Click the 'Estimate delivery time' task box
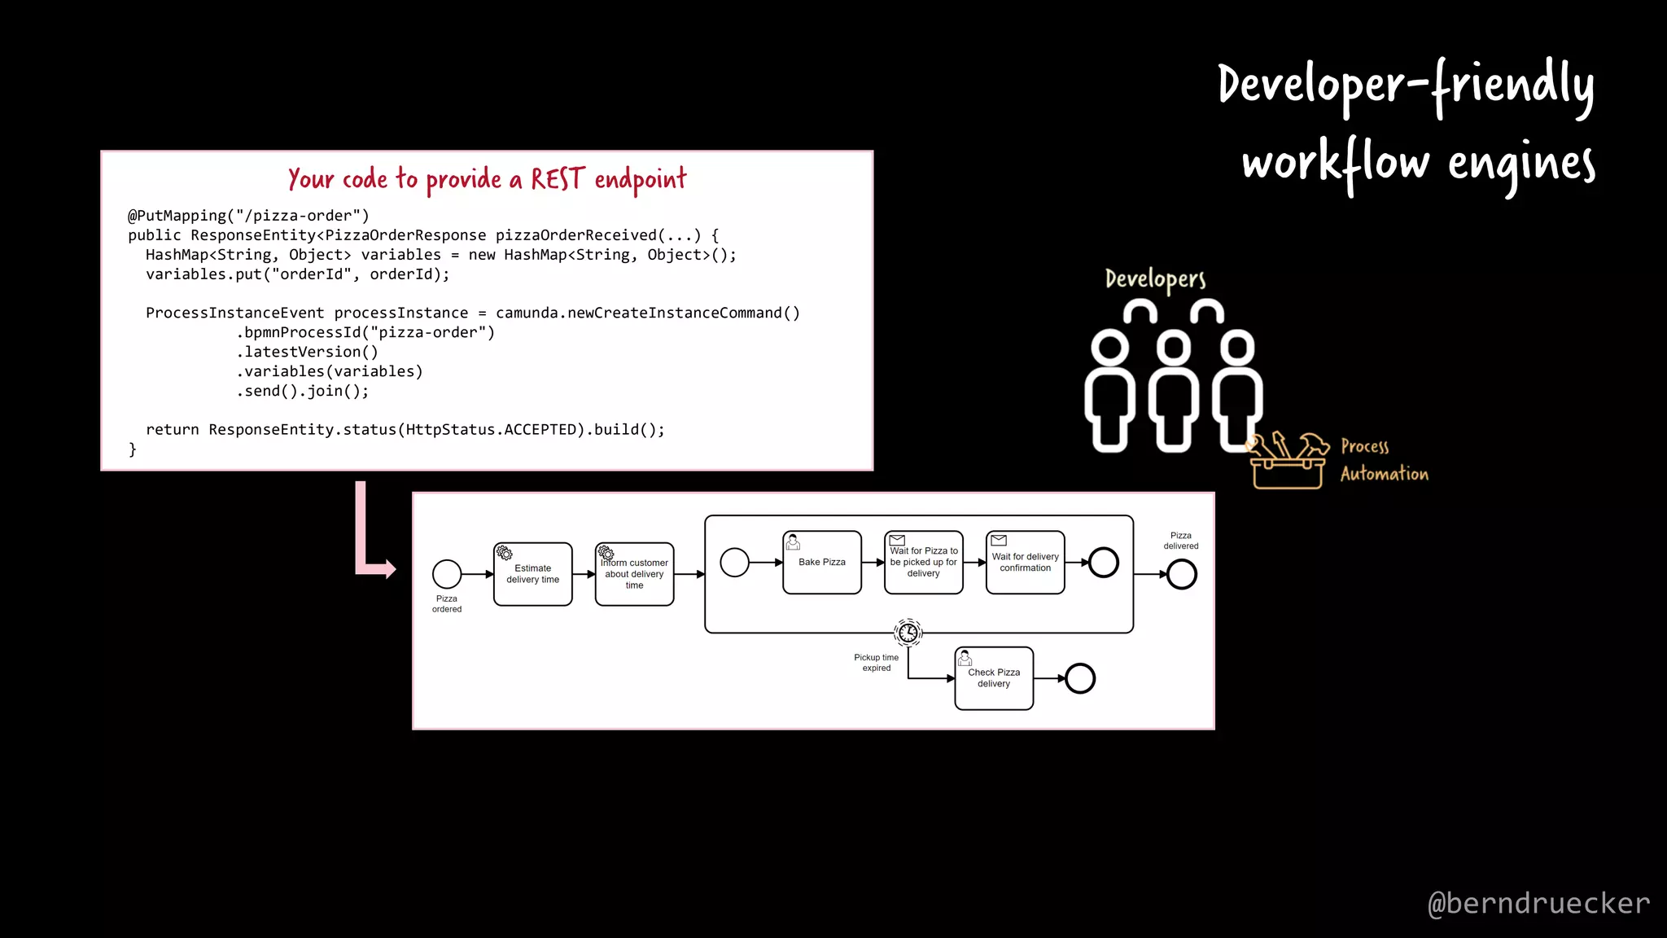tap(532, 574)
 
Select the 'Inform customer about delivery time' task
tap(634, 574)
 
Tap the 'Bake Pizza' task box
tap(821, 563)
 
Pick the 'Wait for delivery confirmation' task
tap(1025, 563)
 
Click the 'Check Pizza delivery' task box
tap(994, 678)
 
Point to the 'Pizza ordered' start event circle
tap(447, 574)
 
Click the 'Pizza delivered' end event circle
tap(1181, 575)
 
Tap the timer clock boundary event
tap(908, 632)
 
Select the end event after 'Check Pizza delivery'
tap(1080, 678)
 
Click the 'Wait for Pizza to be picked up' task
tap(923, 563)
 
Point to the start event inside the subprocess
tap(734, 563)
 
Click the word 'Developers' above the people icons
tap(1155, 279)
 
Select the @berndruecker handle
tap(1538, 903)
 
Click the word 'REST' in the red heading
tap(558, 179)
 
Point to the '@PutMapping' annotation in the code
tap(177, 216)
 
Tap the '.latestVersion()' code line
tap(308, 352)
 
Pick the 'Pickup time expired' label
tap(876, 663)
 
